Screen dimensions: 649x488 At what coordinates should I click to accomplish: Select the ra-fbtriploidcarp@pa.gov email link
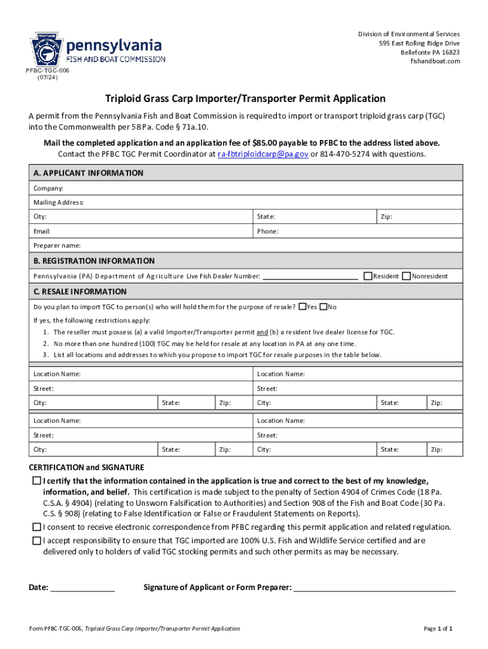click(262, 154)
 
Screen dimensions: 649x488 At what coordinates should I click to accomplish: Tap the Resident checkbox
click(368, 276)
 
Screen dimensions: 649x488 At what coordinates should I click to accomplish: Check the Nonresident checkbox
click(406, 276)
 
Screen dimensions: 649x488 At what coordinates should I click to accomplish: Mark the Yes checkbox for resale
click(302, 307)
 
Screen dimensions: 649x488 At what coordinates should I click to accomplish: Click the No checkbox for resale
click(323, 307)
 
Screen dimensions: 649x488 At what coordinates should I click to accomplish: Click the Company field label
click(48, 189)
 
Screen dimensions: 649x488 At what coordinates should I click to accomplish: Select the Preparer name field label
click(57, 245)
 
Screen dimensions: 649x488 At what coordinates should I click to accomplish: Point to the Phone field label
click(267, 231)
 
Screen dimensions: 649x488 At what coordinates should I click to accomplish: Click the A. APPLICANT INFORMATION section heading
click(88, 173)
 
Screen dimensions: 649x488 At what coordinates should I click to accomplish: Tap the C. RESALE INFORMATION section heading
click(80, 292)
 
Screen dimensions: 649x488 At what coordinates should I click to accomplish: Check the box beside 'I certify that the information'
click(37, 481)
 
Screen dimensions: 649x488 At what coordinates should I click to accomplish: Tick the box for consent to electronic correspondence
click(37, 527)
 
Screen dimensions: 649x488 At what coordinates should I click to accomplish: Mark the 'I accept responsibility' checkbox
click(37, 541)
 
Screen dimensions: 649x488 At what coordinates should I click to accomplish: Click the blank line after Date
click(82, 587)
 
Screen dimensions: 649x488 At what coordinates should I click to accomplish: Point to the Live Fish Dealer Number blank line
click(310, 276)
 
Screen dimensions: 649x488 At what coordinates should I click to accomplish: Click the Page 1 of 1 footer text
click(438, 629)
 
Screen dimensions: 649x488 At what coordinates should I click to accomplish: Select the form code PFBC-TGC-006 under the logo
click(48, 70)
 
